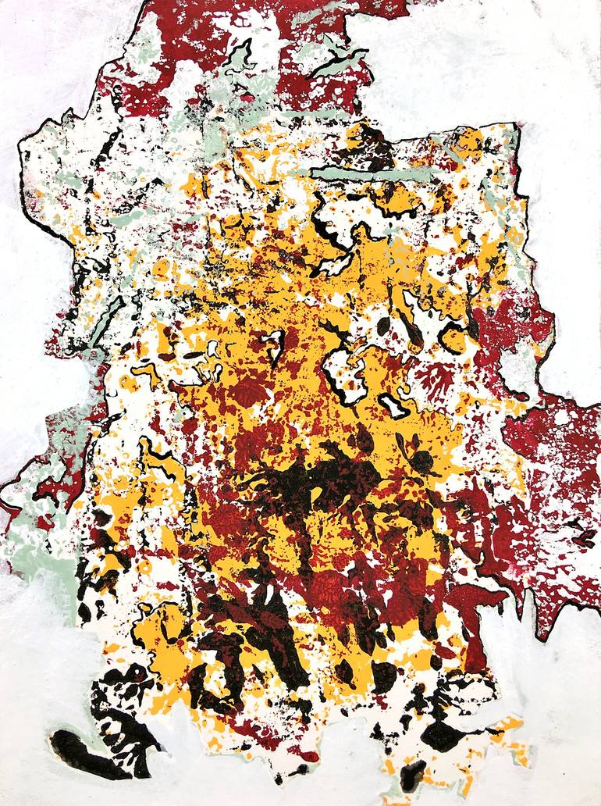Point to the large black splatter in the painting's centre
(312, 484)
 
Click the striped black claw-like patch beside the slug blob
(129, 719)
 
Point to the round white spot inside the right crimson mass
(559, 419)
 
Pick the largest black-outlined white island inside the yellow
(343, 367)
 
